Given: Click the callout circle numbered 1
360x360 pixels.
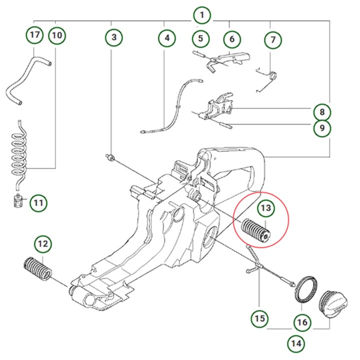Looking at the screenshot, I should pyautogui.click(x=201, y=15).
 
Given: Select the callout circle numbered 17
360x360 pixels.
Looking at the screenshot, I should pyautogui.click(x=34, y=35).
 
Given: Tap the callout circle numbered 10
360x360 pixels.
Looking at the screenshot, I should pyautogui.click(x=56, y=35).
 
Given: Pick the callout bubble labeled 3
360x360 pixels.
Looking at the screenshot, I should pyautogui.click(x=114, y=37).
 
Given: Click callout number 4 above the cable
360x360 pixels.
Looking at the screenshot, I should pyautogui.click(x=167, y=37).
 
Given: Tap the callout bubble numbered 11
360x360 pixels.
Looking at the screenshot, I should pyautogui.click(x=38, y=203).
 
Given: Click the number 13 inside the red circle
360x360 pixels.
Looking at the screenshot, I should pyautogui.click(x=265, y=207).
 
